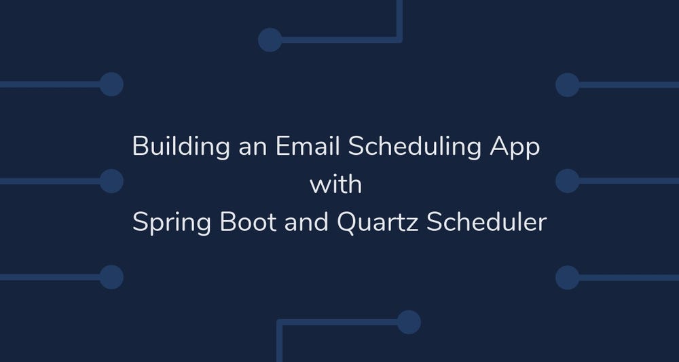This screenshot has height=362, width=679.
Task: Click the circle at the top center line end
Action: tap(270, 39)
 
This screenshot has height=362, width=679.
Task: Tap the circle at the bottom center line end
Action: tap(409, 322)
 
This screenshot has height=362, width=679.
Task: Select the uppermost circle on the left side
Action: tap(111, 84)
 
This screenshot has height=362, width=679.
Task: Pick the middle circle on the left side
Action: tap(111, 181)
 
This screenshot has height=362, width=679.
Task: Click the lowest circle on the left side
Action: tap(111, 277)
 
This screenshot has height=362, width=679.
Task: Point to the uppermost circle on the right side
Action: tap(567, 85)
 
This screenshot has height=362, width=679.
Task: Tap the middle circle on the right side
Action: tap(567, 181)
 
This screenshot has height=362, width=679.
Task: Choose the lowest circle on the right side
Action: tap(567, 277)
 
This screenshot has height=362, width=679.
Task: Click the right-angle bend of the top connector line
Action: tap(399, 39)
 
